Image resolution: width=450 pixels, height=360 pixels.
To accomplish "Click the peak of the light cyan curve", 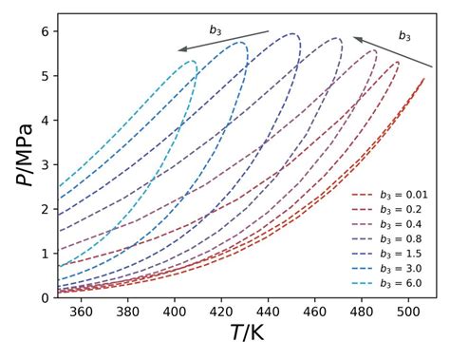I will click(x=192, y=61).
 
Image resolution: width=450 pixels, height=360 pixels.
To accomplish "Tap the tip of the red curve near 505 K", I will click(x=423, y=80).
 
